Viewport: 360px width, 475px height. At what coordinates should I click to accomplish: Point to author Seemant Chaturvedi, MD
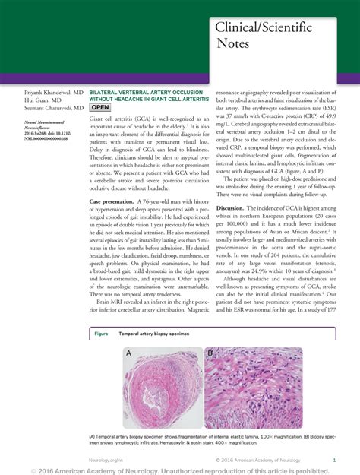click(46, 108)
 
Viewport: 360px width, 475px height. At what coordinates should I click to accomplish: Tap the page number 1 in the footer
click(335, 460)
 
